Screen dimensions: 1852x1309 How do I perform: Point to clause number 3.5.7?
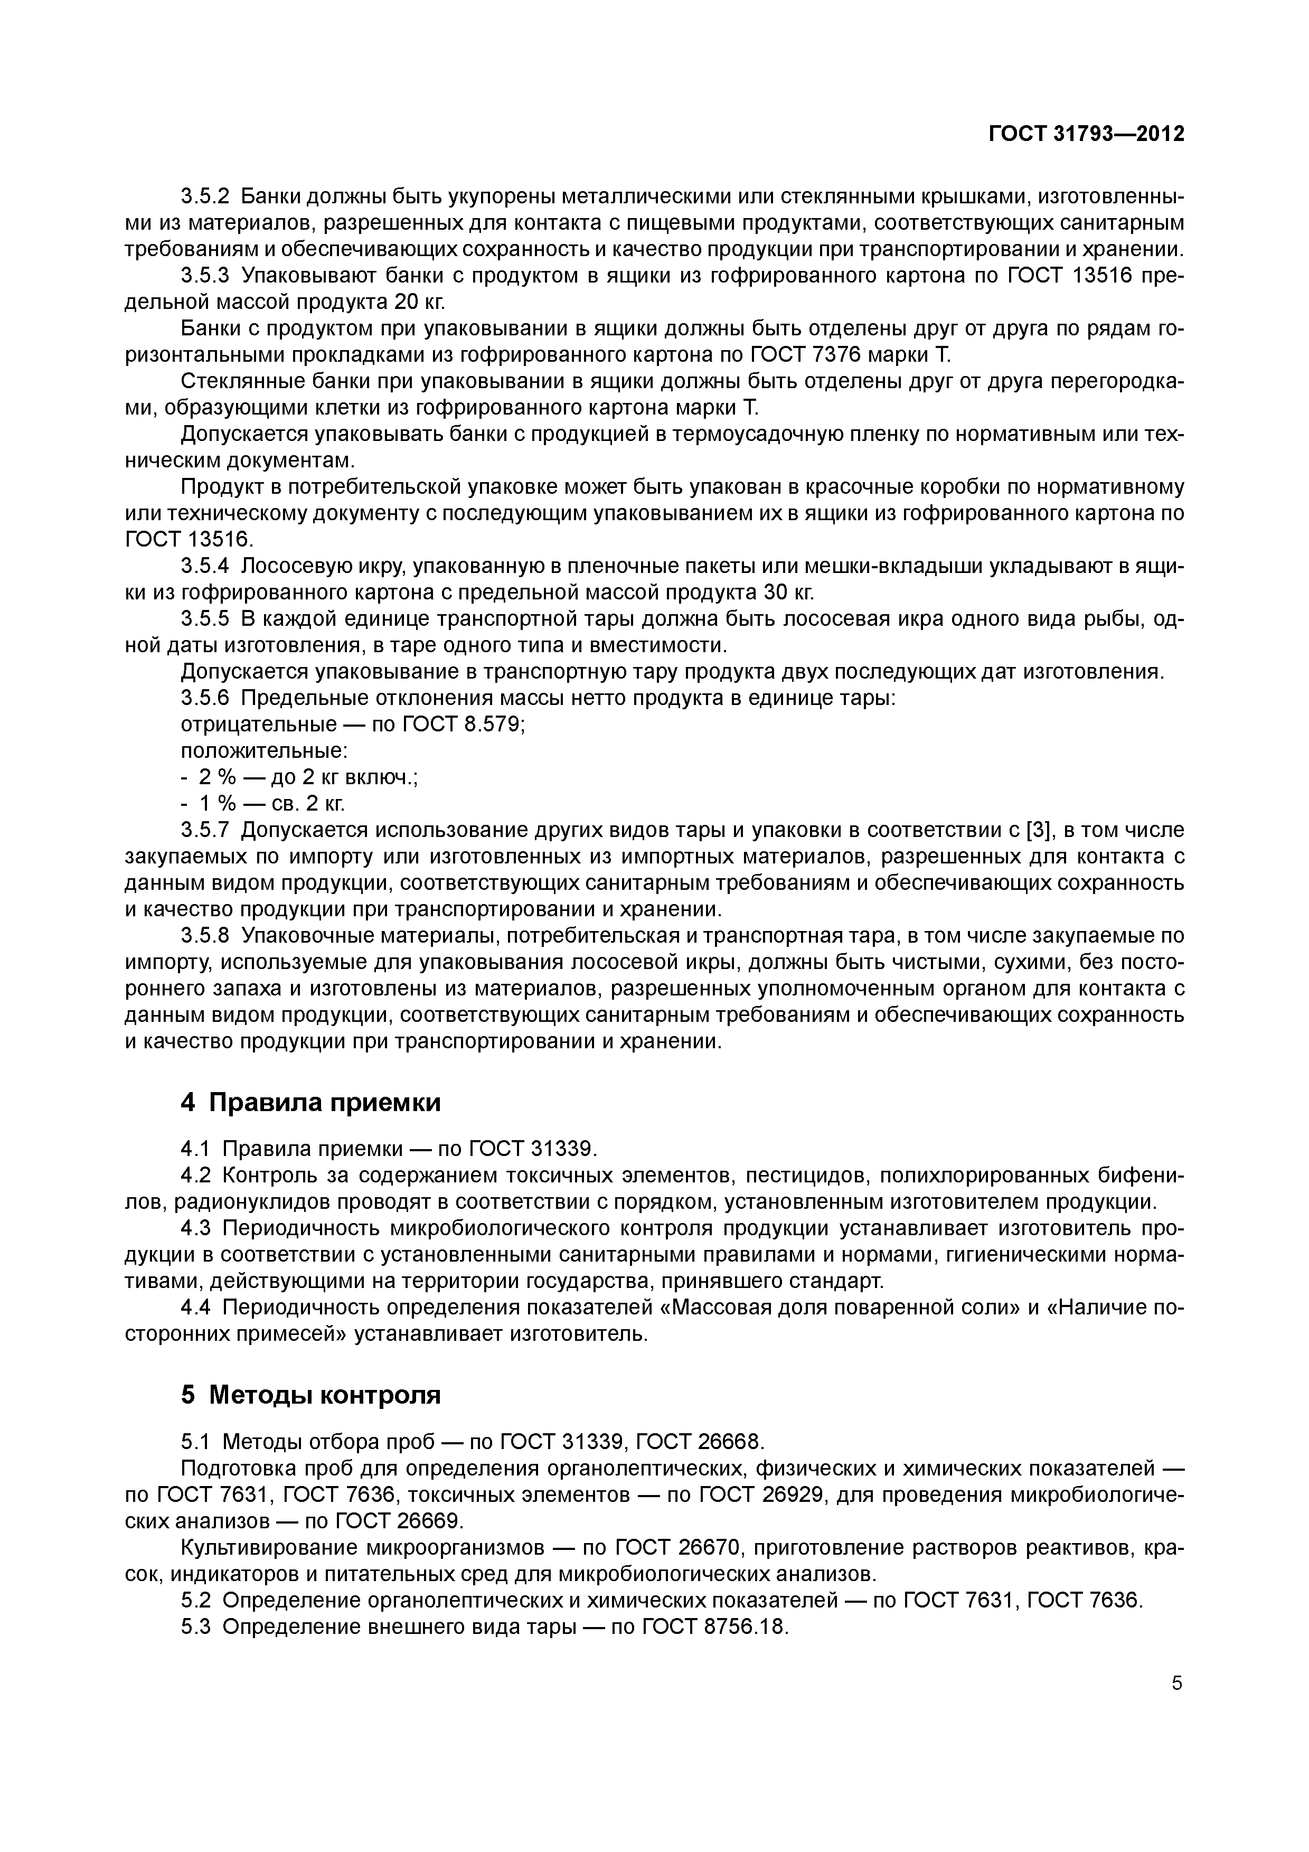pos(205,831)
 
